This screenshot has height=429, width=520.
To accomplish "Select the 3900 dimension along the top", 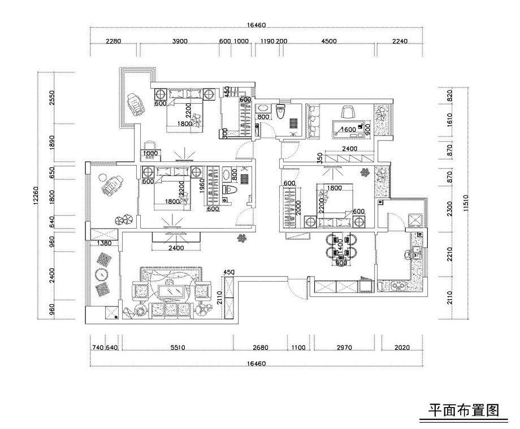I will coord(180,41).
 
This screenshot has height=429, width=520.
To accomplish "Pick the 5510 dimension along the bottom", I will coord(177,348).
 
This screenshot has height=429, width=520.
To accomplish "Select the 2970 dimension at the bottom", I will coord(346,348).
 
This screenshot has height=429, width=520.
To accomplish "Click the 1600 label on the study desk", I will coord(349,129).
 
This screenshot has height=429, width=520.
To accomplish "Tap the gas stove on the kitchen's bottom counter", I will coord(397,286).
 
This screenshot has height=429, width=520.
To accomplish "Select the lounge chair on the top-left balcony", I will coord(136,104).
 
